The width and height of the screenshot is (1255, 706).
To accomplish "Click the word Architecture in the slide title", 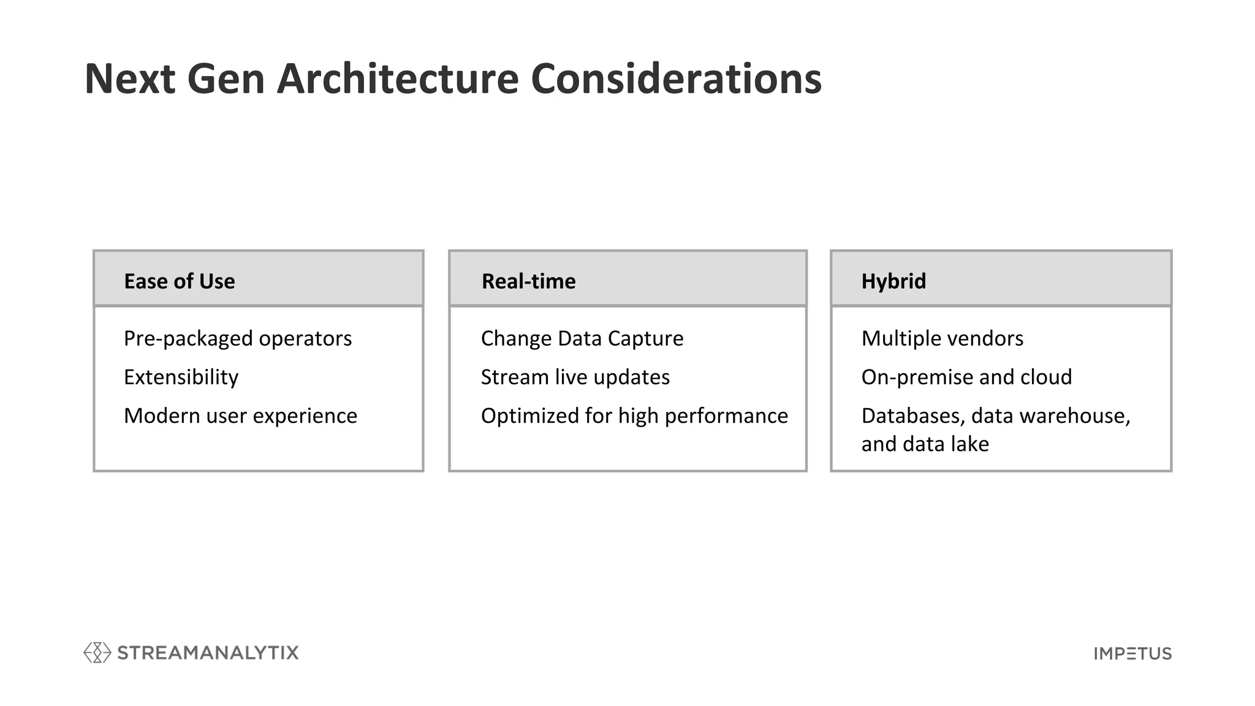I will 398,79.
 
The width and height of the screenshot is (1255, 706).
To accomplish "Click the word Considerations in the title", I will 675,79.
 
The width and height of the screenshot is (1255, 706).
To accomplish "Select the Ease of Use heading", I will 179,281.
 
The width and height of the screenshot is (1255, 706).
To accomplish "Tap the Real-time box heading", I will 528,281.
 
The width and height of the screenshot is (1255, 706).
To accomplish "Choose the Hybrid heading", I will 893,281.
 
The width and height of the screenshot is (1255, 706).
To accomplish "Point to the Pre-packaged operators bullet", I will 238,338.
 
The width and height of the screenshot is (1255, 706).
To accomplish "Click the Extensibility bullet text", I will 181,377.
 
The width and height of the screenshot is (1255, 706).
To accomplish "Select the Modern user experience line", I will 240,416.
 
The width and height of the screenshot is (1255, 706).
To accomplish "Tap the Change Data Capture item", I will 582,338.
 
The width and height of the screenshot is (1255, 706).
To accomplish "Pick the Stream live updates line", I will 575,377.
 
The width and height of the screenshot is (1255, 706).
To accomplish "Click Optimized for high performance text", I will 634,416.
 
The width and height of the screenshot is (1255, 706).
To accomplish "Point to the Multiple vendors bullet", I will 942,338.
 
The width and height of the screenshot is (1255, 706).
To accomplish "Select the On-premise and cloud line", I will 966,377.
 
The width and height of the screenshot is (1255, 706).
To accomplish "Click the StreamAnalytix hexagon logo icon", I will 97,653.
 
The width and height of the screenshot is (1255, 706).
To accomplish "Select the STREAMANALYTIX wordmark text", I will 208,653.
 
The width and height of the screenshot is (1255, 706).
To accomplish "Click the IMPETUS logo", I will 1132,654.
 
